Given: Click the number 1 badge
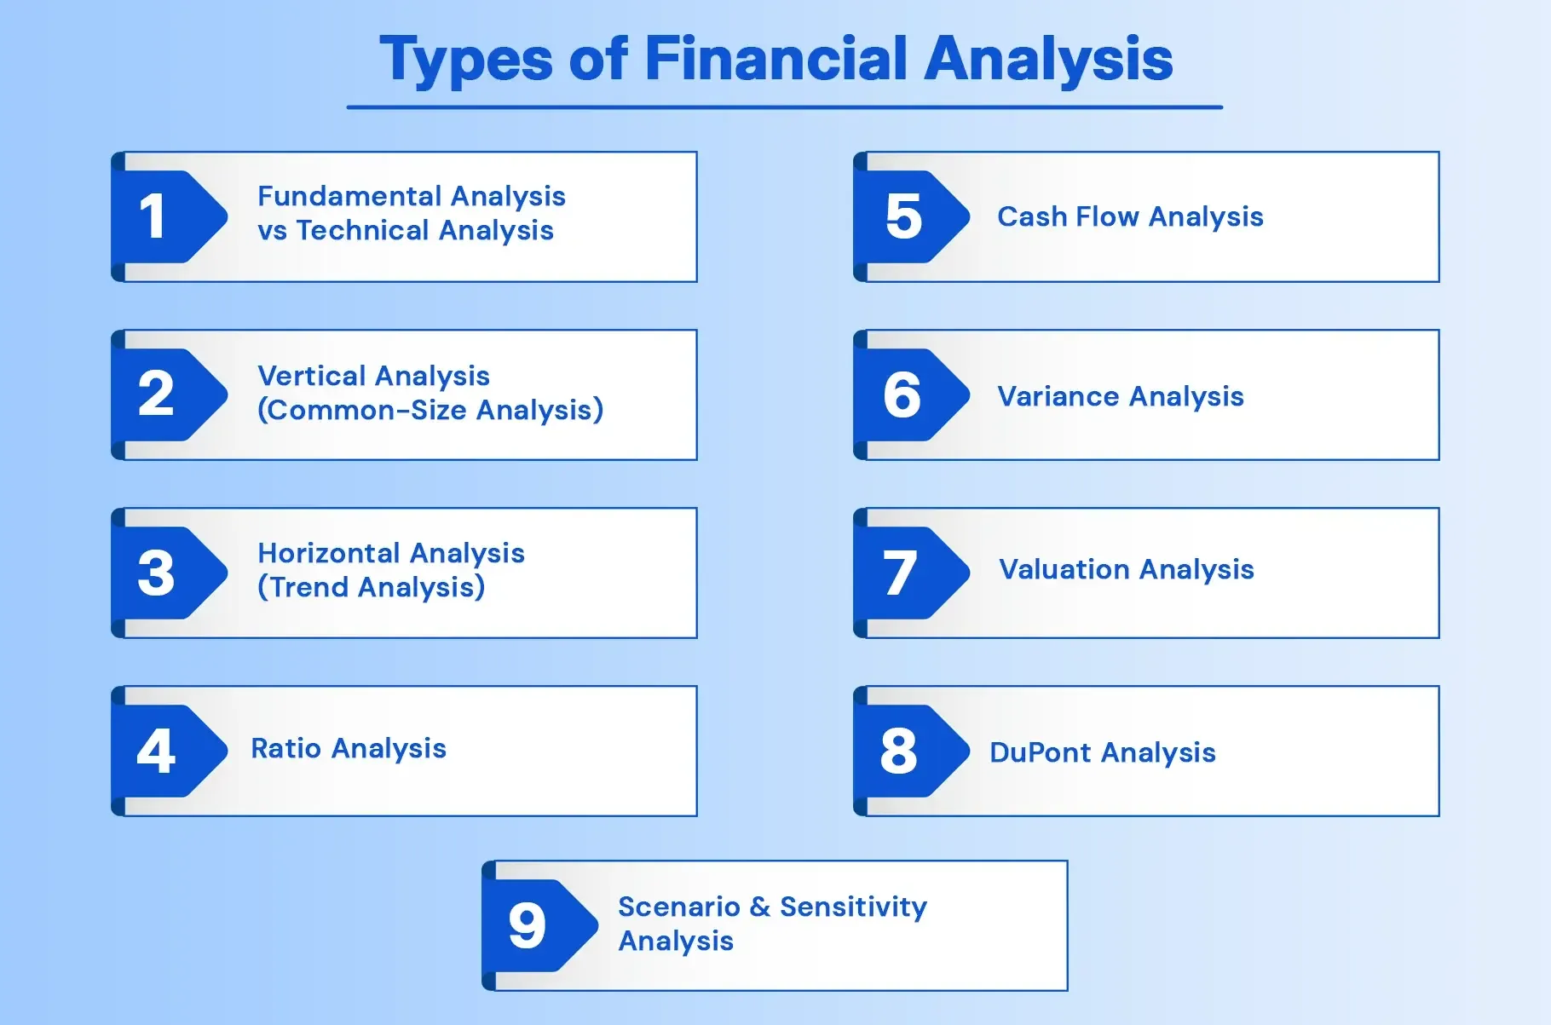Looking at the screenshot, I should tap(154, 216).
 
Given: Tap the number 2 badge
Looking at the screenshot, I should tap(156, 394).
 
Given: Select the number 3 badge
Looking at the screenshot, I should tap(156, 573).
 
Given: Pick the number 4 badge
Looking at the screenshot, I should tap(156, 751).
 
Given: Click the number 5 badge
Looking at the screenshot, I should tap(903, 216).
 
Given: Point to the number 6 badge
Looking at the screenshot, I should tap(902, 394).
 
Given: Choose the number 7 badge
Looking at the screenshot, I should tap(900, 573).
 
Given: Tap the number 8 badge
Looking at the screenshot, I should tap(899, 751).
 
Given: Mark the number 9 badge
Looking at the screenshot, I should tap(528, 925).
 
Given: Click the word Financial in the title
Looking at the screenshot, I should tap(775, 59).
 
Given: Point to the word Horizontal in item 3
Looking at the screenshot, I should tap(327, 553).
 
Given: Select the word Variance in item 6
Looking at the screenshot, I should tap(1058, 396).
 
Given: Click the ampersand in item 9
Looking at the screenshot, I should tap(760, 907).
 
